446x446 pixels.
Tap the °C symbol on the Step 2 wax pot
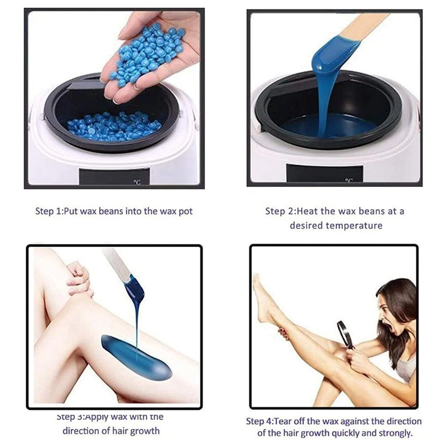(348, 180)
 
